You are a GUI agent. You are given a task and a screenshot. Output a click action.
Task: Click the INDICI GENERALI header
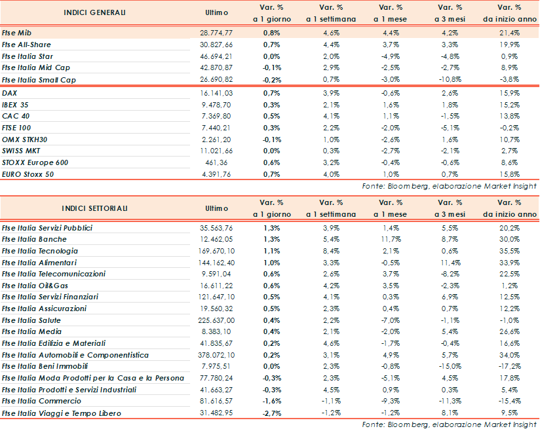coord(94,13)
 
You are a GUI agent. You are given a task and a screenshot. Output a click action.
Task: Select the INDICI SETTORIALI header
coord(95,208)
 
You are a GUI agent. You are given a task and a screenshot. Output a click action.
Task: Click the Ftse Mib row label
coord(17,32)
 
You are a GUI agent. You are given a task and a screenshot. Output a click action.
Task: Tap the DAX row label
coord(10,93)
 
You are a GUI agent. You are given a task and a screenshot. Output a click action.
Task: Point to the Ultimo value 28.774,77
coord(216,32)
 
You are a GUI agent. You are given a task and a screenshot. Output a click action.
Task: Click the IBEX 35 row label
coord(15,105)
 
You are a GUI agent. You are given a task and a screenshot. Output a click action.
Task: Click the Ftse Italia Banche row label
coord(34,239)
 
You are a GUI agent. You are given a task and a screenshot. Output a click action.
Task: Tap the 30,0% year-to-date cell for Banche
coord(510,239)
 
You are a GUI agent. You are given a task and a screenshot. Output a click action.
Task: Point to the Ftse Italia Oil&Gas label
coord(36,286)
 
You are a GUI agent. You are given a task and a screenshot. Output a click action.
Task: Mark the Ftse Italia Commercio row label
coord(39,401)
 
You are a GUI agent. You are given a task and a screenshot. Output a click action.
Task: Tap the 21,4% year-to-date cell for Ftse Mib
coord(510,32)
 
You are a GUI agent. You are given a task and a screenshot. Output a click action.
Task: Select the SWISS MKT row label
coord(21,151)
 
